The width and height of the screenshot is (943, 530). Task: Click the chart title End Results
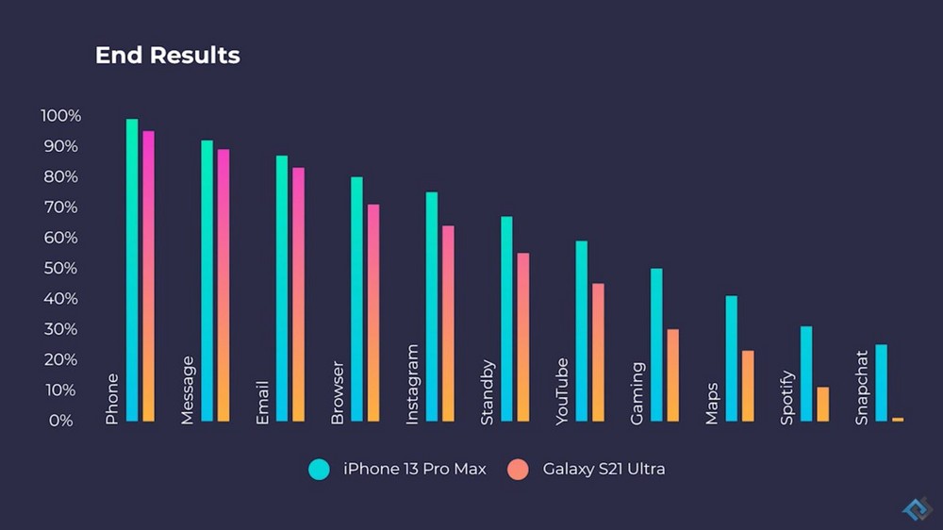click(x=168, y=56)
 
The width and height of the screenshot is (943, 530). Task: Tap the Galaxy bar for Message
click(x=223, y=284)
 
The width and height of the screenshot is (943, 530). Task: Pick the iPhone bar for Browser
click(x=356, y=298)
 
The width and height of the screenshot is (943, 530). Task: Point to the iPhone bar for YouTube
click(x=582, y=330)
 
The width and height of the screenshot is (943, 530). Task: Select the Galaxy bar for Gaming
click(x=672, y=374)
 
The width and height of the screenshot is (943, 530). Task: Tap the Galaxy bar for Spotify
click(x=822, y=404)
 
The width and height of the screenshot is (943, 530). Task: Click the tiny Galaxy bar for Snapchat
click(x=898, y=419)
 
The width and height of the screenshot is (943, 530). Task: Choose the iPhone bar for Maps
click(x=731, y=357)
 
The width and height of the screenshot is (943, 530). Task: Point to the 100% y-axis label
click(x=61, y=116)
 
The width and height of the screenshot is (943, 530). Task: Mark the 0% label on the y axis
click(x=61, y=421)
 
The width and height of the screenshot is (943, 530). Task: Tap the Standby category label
click(x=488, y=392)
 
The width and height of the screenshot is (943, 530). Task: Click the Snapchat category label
click(x=862, y=388)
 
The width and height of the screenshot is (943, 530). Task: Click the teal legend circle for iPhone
click(x=320, y=469)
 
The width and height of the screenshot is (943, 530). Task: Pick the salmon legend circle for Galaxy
click(x=518, y=469)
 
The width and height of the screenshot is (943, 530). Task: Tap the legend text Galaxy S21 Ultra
click(x=604, y=469)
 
